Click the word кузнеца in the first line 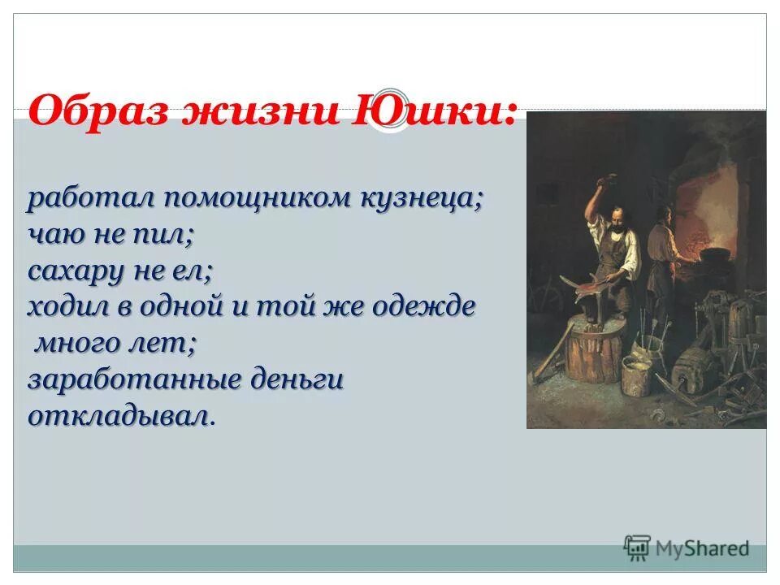pos(422,199)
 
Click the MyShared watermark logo pos(687,548)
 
